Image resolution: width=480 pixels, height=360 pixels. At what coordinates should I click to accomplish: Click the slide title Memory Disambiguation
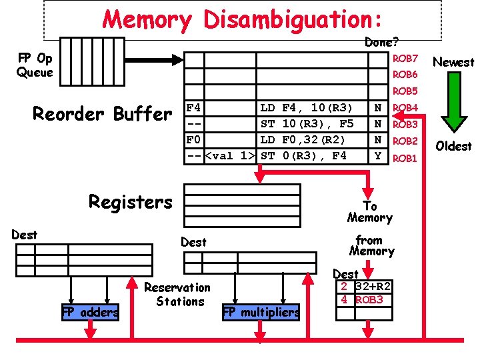242,19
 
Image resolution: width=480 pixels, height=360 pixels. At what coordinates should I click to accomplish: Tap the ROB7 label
405,59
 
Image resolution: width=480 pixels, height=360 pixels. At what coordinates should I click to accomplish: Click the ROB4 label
405,107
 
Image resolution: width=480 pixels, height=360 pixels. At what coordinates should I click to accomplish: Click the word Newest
453,62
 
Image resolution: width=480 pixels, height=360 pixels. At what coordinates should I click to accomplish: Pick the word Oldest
453,146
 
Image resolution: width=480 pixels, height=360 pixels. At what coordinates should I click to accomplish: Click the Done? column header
381,42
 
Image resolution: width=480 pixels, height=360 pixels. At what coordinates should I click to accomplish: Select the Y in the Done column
378,157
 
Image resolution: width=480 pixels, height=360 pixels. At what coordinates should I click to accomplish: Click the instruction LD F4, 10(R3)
307,107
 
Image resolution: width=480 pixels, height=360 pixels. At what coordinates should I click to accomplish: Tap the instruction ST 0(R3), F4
303,157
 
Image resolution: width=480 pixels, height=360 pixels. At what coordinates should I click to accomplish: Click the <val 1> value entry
230,157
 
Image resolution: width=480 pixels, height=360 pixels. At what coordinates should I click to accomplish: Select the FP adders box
90,312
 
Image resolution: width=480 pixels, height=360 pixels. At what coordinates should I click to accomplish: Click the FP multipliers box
261,312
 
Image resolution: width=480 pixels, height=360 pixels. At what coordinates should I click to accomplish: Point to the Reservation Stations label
177,295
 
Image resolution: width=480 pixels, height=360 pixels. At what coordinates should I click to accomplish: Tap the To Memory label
369,212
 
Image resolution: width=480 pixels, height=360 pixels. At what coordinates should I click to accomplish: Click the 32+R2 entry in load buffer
373,287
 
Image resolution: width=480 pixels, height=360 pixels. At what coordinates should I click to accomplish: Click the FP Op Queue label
35,65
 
